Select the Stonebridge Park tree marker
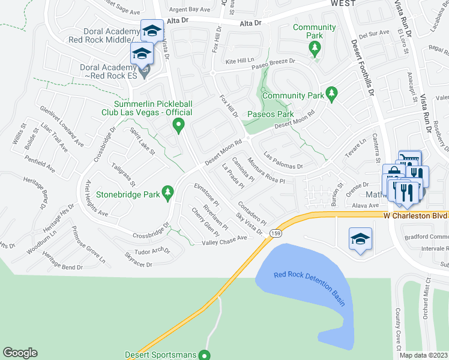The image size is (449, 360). tap(169, 192)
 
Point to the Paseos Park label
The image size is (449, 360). tap(270, 114)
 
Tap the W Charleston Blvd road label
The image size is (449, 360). tap(416, 214)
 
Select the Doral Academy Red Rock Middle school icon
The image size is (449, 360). tap(152, 30)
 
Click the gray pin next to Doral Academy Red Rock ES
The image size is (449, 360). tap(148, 72)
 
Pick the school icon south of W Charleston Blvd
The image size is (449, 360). tap(360, 239)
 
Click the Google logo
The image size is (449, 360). tap(20, 353)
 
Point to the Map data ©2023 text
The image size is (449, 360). tap(423, 355)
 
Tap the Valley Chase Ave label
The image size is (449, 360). tap(224, 238)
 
